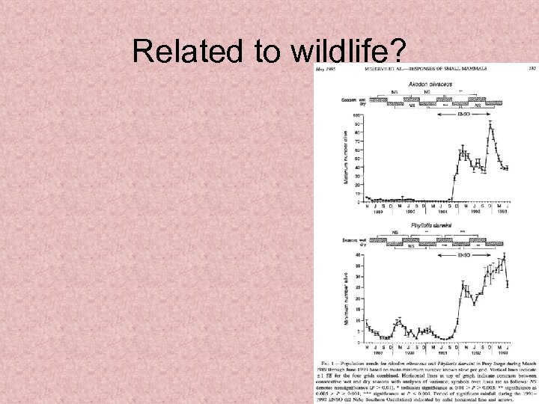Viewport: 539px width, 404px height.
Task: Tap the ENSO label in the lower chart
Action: coord(466,255)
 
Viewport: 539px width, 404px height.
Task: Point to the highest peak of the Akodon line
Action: coord(491,124)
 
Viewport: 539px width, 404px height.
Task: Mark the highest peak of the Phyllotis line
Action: coord(504,257)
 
